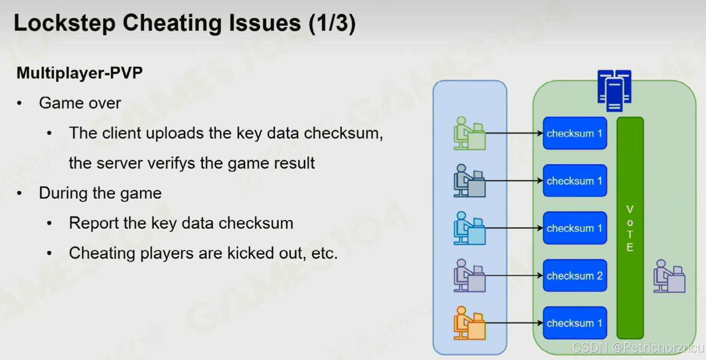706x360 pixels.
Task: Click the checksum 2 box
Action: [575, 275]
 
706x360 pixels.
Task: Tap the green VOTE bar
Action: [630, 228]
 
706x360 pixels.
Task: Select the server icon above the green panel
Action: [614, 91]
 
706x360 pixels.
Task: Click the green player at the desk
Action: [469, 134]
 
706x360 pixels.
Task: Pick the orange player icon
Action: [469, 323]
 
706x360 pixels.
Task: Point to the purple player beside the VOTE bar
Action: [669, 276]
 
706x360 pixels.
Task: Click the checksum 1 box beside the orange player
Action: [575, 323]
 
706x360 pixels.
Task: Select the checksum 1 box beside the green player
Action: [575, 134]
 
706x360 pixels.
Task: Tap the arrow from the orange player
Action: [514, 323]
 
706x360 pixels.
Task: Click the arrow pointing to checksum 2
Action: [514, 275]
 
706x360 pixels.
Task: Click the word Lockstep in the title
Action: [65, 23]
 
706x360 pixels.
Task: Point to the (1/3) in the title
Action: [332, 23]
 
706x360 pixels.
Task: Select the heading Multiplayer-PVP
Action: [80, 73]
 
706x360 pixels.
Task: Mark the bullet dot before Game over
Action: [19, 103]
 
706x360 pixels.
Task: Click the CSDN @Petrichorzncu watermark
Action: [638, 348]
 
